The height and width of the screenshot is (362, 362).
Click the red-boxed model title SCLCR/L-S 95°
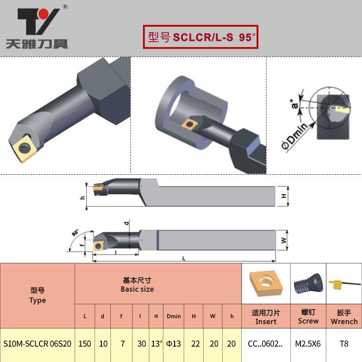point(200,37)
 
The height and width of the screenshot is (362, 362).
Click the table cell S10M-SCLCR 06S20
point(37,343)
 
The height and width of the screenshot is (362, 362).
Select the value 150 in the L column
point(85,343)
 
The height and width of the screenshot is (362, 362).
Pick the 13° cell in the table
point(156,343)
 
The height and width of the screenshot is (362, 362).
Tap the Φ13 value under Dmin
point(174,343)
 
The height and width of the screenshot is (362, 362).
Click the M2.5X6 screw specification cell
point(308,343)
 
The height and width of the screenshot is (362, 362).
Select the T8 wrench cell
point(344,343)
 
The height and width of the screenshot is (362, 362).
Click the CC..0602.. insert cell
point(265,343)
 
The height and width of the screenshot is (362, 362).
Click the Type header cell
point(37,295)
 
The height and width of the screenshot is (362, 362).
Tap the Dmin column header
point(174,316)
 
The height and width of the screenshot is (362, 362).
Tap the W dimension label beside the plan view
point(284,241)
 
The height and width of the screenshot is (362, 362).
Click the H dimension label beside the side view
point(284,196)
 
